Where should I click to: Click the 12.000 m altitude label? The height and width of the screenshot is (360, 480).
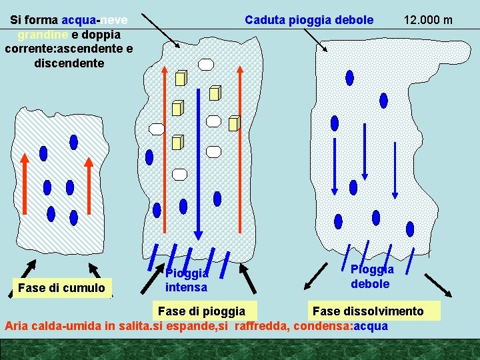pos(428,20)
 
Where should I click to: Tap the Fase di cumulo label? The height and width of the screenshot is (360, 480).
pos(62,288)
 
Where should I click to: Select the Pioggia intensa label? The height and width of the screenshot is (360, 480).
pos(187,281)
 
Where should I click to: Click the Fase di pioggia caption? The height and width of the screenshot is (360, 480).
pos(201,311)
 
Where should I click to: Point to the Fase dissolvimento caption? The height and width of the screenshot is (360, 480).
pos(367,311)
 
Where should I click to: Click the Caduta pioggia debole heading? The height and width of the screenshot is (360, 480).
pos(309,20)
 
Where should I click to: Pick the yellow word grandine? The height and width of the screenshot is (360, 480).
pos(41,35)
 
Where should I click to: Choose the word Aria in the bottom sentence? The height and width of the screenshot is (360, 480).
pos(17,326)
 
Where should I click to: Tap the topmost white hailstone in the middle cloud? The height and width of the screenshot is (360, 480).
pos(207,65)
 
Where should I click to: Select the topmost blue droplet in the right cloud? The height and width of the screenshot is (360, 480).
pos(347,77)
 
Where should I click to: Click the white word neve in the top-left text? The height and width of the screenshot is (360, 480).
pos(115,20)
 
